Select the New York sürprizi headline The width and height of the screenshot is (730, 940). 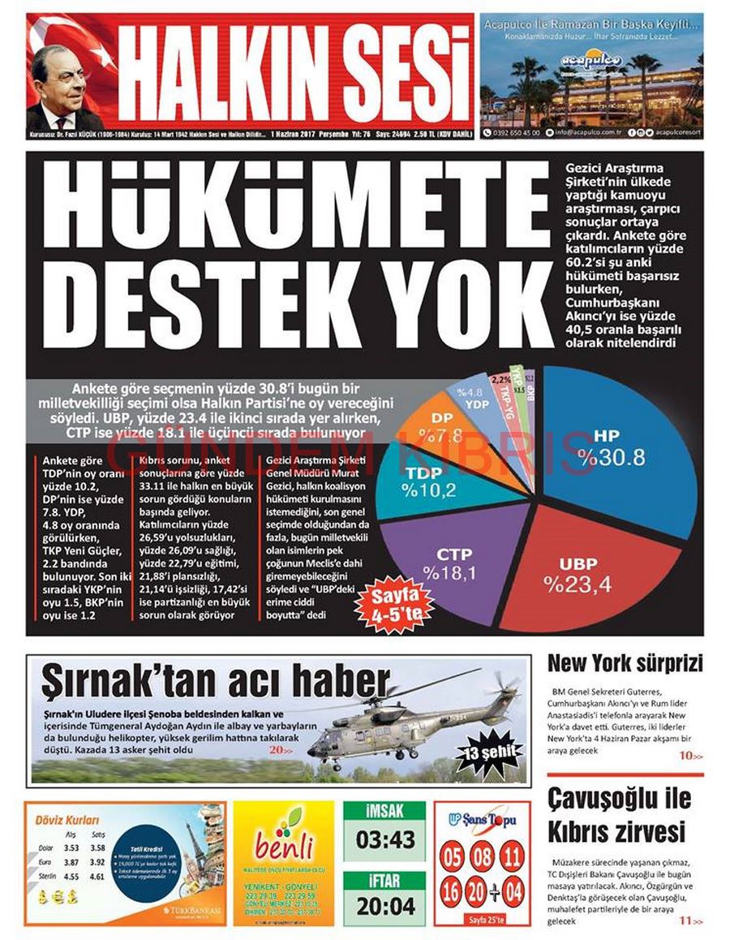pos(625,663)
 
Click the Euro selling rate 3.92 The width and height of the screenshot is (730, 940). pos(98,862)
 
